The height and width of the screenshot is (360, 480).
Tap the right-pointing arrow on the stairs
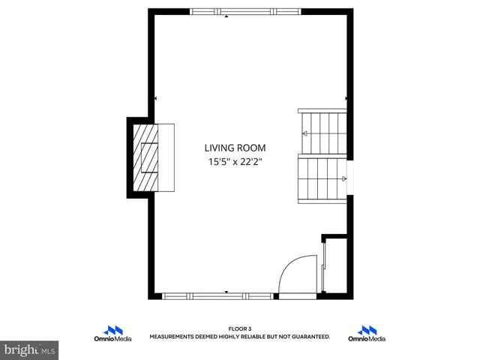pyautogui.click(x=343, y=178)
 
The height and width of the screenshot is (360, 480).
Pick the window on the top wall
pyautogui.click(x=245, y=11)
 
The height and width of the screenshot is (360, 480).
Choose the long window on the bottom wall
pyautogui.click(x=217, y=296)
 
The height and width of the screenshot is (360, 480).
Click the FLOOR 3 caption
pyautogui.click(x=240, y=328)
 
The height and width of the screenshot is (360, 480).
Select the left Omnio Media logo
pyautogui.click(x=112, y=334)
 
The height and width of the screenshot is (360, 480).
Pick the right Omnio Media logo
pyautogui.click(x=367, y=334)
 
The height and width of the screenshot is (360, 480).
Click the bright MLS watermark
pyautogui.click(x=30, y=349)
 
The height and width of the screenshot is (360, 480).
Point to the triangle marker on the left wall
pyautogui.click(x=155, y=98)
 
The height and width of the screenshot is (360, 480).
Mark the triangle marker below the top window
pyautogui.click(x=226, y=16)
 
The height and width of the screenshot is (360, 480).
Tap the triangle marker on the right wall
pyautogui.click(x=346, y=98)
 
